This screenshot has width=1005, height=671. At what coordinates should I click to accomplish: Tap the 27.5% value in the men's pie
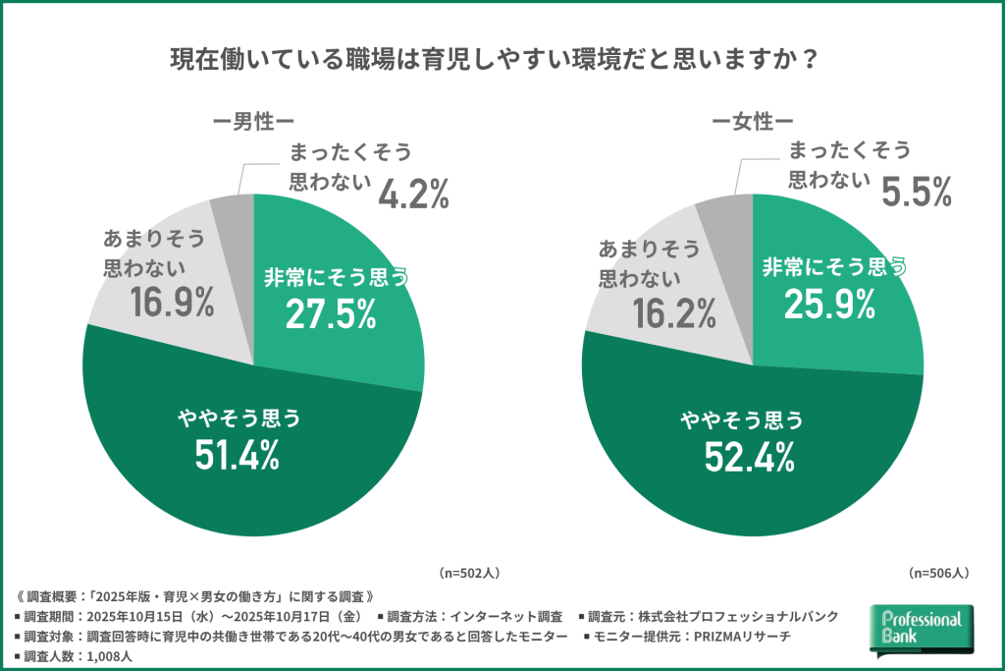331,314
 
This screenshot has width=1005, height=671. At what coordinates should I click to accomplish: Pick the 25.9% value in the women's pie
829,306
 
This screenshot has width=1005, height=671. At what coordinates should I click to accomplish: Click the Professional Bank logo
922,629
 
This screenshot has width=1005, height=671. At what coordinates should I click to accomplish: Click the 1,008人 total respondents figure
109,656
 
